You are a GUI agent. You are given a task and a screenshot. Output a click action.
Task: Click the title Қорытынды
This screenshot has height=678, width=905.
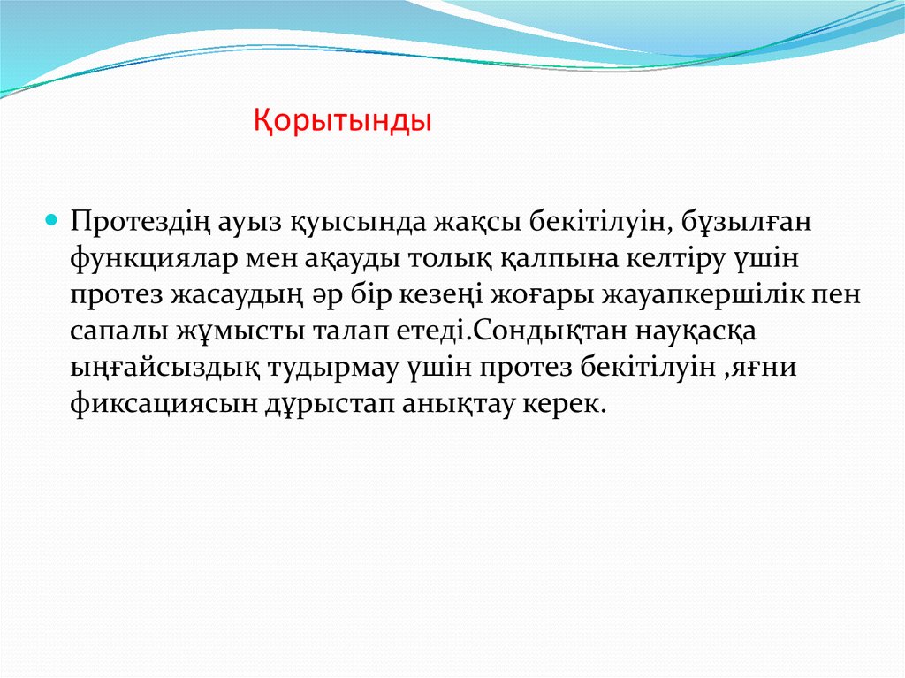[343, 119]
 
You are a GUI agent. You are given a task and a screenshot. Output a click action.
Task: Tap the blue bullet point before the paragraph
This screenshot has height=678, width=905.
[51, 217]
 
